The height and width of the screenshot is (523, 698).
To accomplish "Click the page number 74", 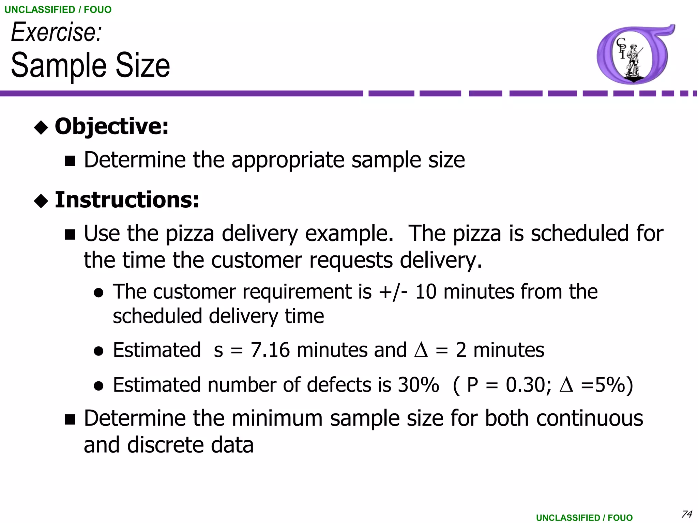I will pyautogui.click(x=686, y=513).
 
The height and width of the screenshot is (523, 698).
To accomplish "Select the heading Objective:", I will pyautogui.click(x=111, y=126).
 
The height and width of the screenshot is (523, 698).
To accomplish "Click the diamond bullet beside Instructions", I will pyautogui.click(x=41, y=201).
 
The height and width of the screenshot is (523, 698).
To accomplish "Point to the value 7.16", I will pyautogui.click(x=270, y=350).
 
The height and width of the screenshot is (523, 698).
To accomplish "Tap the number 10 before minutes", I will pyautogui.click(x=426, y=292).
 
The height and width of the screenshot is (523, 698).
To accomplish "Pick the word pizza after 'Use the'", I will pyautogui.click(x=190, y=234).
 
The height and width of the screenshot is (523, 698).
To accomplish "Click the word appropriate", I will pyautogui.click(x=288, y=160).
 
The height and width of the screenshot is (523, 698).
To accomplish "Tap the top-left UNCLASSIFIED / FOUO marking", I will pyautogui.click(x=58, y=10).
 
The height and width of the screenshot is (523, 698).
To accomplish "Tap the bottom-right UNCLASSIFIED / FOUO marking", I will pyautogui.click(x=584, y=518).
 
